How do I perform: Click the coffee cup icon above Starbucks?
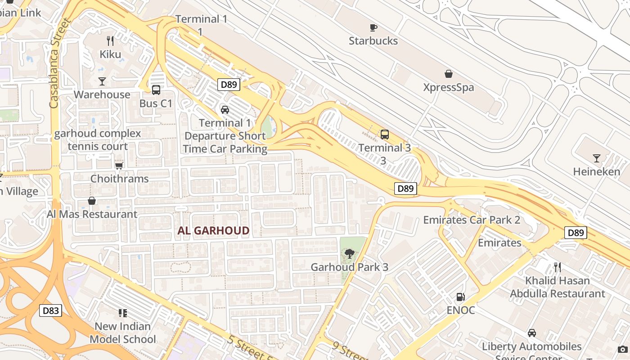click(x=373, y=27)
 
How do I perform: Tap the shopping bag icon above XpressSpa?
click(x=448, y=74)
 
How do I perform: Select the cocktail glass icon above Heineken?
click(x=596, y=158)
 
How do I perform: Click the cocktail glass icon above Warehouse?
click(x=102, y=81)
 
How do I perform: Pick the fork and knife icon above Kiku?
click(x=110, y=41)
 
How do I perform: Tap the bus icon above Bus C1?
click(x=156, y=90)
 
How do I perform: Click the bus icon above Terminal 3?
click(x=384, y=134)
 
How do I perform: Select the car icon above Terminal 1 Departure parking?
click(x=225, y=109)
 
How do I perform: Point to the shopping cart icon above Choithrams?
click(x=119, y=166)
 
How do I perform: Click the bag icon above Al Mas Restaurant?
click(x=92, y=201)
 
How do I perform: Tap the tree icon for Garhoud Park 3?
click(x=349, y=254)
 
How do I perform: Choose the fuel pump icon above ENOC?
click(x=460, y=297)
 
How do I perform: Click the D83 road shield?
click(x=50, y=310)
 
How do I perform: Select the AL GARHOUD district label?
click(x=213, y=231)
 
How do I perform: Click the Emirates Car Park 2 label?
click(x=472, y=220)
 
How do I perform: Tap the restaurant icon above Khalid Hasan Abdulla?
click(x=558, y=267)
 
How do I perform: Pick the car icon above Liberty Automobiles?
click(x=531, y=333)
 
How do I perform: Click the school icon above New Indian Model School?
click(x=122, y=313)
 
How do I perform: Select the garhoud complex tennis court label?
click(x=98, y=140)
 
